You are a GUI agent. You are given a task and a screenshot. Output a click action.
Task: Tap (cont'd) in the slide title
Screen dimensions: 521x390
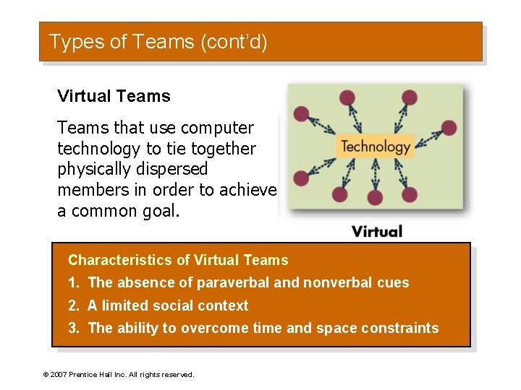[232, 43]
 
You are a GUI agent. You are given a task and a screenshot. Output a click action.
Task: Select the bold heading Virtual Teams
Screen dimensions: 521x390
[114, 96]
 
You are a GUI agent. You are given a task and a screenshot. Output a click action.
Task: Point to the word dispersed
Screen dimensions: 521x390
[172, 169]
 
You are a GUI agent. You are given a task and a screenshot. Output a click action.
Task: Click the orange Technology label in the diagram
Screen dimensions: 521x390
[376, 147]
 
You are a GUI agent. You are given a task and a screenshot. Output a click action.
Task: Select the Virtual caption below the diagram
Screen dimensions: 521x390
[376, 231]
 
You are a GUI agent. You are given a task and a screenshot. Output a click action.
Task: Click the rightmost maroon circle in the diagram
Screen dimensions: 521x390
[449, 128]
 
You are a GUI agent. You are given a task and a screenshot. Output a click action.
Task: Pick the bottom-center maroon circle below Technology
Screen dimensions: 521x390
[375, 197]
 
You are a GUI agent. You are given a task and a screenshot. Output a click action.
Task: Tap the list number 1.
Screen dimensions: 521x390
[74, 282]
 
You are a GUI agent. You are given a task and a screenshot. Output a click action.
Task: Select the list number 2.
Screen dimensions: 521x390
[74, 305]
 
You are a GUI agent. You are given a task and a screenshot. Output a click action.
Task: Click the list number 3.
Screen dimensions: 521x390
[74, 328]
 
